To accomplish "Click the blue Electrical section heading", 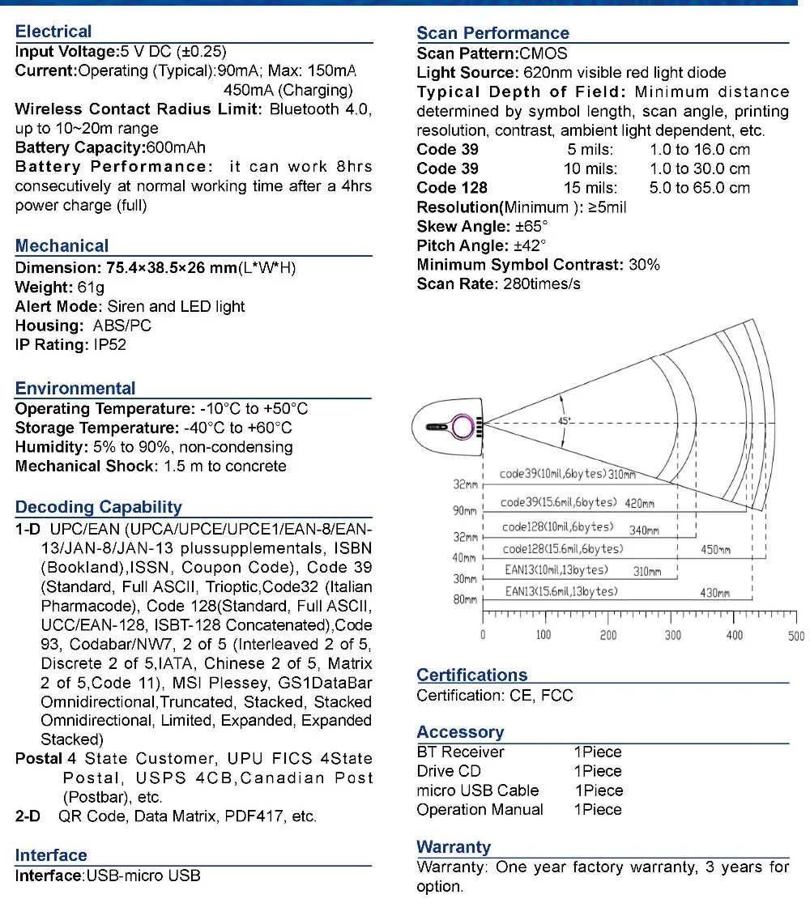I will pyautogui.click(x=53, y=32).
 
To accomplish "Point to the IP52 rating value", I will pyautogui.click(x=109, y=345).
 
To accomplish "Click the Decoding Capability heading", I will pyautogui.click(x=99, y=508).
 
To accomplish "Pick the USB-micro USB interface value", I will pyautogui.click(x=143, y=876).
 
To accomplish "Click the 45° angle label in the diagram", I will pyautogui.click(x=564, y=420).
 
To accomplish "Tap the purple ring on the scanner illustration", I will pyautogui.click(x=463, y=424).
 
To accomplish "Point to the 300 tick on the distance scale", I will pyautogui.click(x=672, y=636).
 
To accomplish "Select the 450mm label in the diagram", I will pyautogui.click(x=715, y=550).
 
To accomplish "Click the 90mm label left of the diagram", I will pyautogui.click(x=464, y=511).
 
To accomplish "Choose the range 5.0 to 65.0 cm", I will pyautogui.click(x=700, y=188).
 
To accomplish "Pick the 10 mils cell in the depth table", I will pyautogui.click(x=590, y=168).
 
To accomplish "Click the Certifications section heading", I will pyautogui.click(x=471, y=675).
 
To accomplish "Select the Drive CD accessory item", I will pyautogui.click(x=449, y=771).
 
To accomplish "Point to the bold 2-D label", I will pyautogui.click(x=28, y=816).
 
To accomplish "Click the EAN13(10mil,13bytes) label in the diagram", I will pyautogui.click(x=556, y=570).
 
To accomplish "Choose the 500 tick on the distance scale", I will pyautogui.click(x=795, y=636).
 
